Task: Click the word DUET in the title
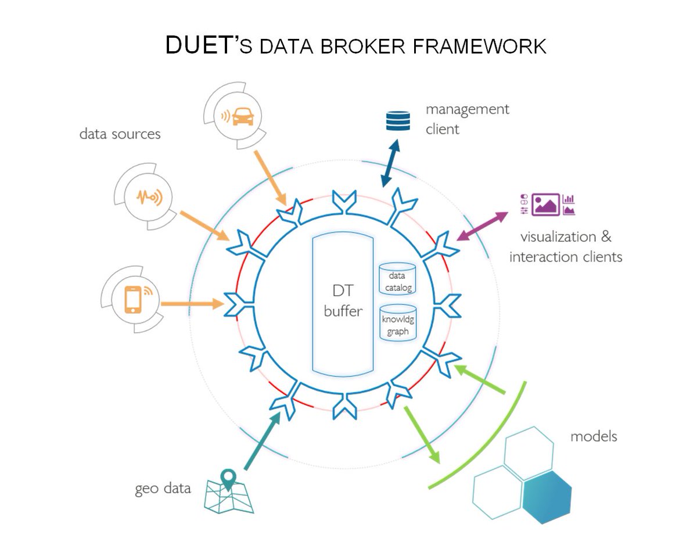tap(199, 45)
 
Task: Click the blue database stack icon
tap(398, 121)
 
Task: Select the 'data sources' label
tap(120, 134)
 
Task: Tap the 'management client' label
tap(466, 119)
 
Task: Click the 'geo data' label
tap(163, 488)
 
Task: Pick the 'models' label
tap(593, 436)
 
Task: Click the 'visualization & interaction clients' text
tap(565, 246)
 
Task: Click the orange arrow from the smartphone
tap(192, 303)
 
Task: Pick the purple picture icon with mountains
tap(546, 205)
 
